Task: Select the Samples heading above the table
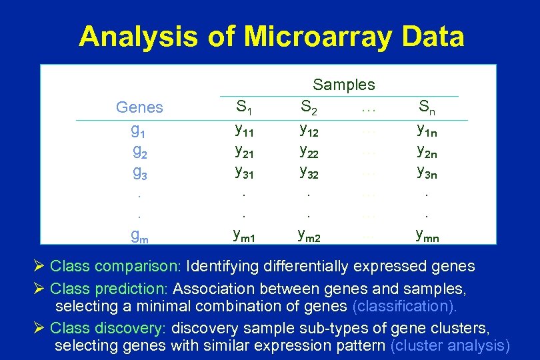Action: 344,85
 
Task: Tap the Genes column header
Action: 139,107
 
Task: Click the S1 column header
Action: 245,107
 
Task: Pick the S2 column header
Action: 309,107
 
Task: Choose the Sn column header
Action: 427,107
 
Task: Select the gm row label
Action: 139,235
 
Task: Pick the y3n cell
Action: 427,173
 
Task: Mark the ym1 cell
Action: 246,235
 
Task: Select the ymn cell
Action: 427,235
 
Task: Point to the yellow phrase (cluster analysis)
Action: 450,345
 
